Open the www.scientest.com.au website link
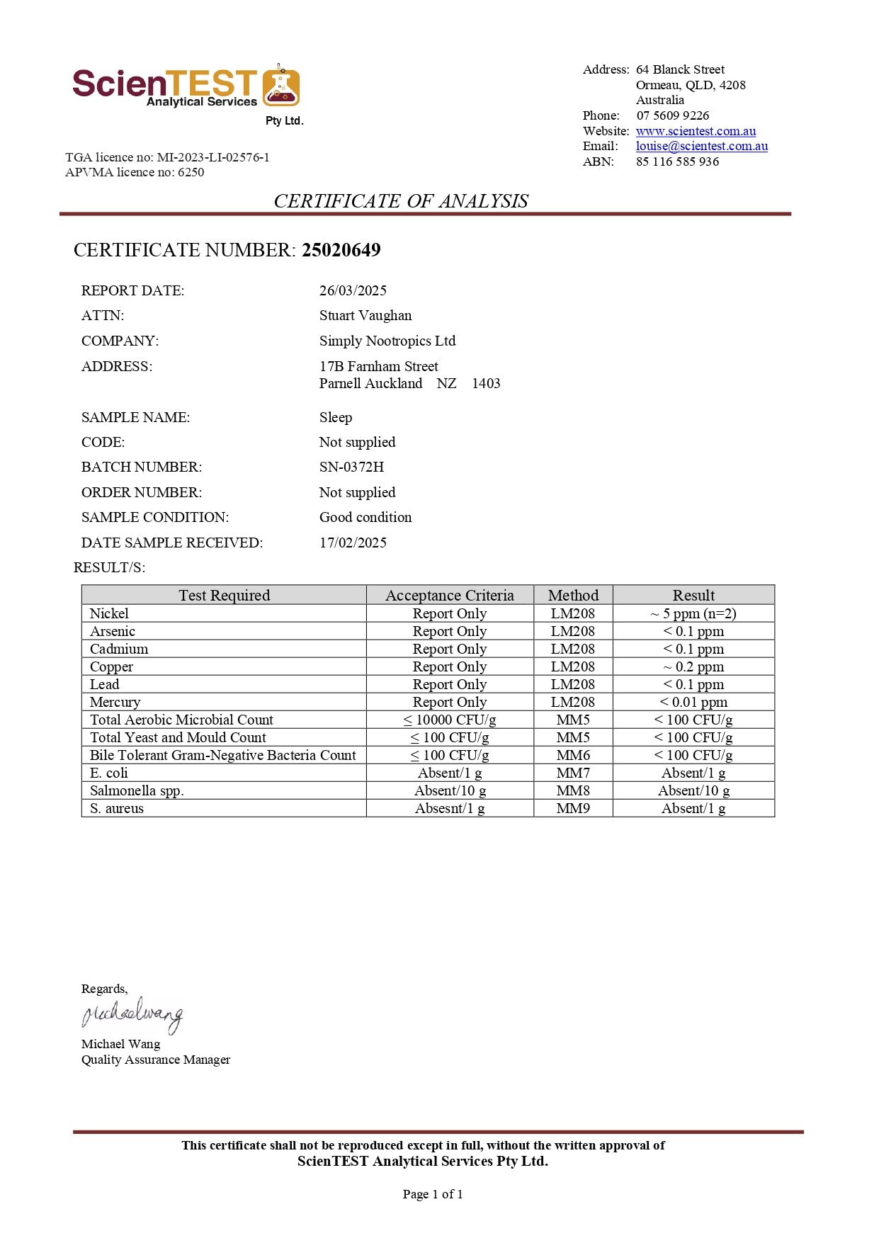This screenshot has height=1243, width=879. pos(696,131)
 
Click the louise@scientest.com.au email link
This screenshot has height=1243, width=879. pos(701,146)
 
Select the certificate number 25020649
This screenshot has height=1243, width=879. pos(341,250)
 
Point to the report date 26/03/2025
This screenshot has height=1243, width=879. pos(353,290)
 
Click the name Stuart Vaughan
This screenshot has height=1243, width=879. pos(365,315)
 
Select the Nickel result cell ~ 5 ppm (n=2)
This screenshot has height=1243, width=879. pos(693,613)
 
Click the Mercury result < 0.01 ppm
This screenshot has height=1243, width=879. pos(693,702)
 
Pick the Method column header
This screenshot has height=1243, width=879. pos(573,595)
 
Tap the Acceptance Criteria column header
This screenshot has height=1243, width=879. pos(449,595)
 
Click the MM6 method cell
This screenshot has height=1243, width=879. pos(573,755)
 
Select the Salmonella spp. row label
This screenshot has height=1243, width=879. pos(137,790)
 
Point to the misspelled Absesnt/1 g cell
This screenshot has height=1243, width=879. pos(449,808)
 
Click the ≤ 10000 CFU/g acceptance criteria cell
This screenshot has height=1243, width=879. pos(449,720)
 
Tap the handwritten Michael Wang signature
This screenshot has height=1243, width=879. pos(132,1015)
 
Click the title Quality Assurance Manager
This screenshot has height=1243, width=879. pos(156,1060)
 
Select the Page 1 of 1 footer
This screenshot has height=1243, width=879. pos(432,1194)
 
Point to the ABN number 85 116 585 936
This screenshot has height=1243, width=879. pos(677,161)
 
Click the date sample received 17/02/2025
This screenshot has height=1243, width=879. pos(353,543)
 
